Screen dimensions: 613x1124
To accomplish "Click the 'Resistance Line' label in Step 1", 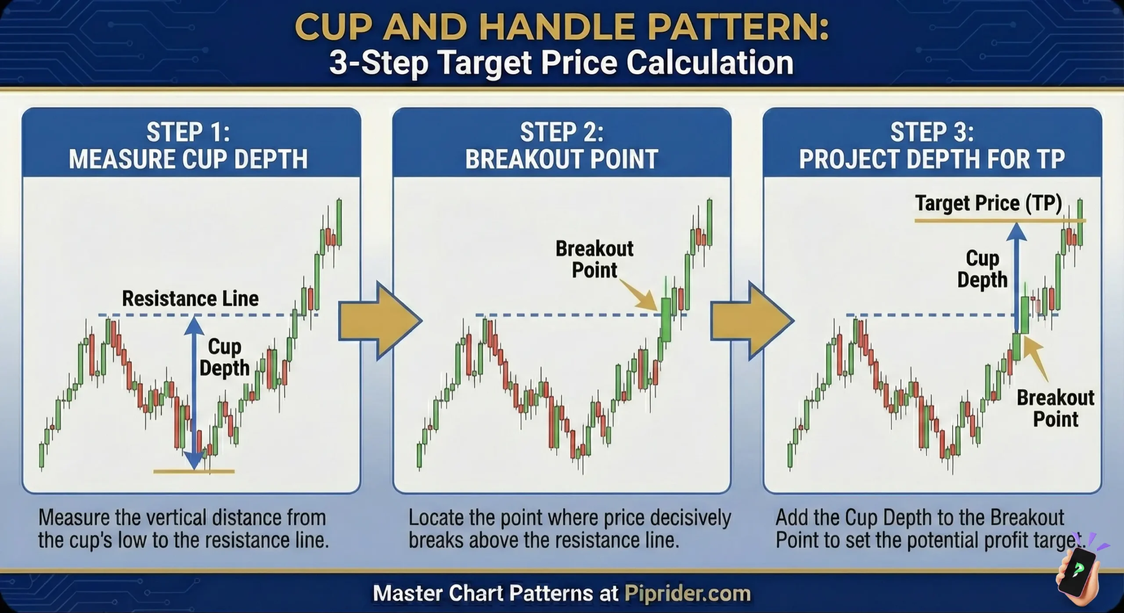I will [x=190, y=299].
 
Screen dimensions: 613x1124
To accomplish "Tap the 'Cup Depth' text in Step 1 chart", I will [x=224, y=357].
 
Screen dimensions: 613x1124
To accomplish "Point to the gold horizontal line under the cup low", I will [x=194, y=472].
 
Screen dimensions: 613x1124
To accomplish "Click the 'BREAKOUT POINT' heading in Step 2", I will [x=562, y=159].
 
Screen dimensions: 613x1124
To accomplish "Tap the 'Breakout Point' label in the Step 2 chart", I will [x=594, y=259].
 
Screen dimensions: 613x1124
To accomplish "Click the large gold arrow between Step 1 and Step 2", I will [x=378, y=321].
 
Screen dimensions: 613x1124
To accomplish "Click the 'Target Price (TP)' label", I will [x=988, y=203].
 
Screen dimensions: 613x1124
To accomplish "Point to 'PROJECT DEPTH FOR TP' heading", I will [x=932, y=159].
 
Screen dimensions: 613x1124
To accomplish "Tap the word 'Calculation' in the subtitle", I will [x=710, y=63].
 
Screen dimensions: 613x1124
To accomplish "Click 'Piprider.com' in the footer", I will [x=687, y=594].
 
